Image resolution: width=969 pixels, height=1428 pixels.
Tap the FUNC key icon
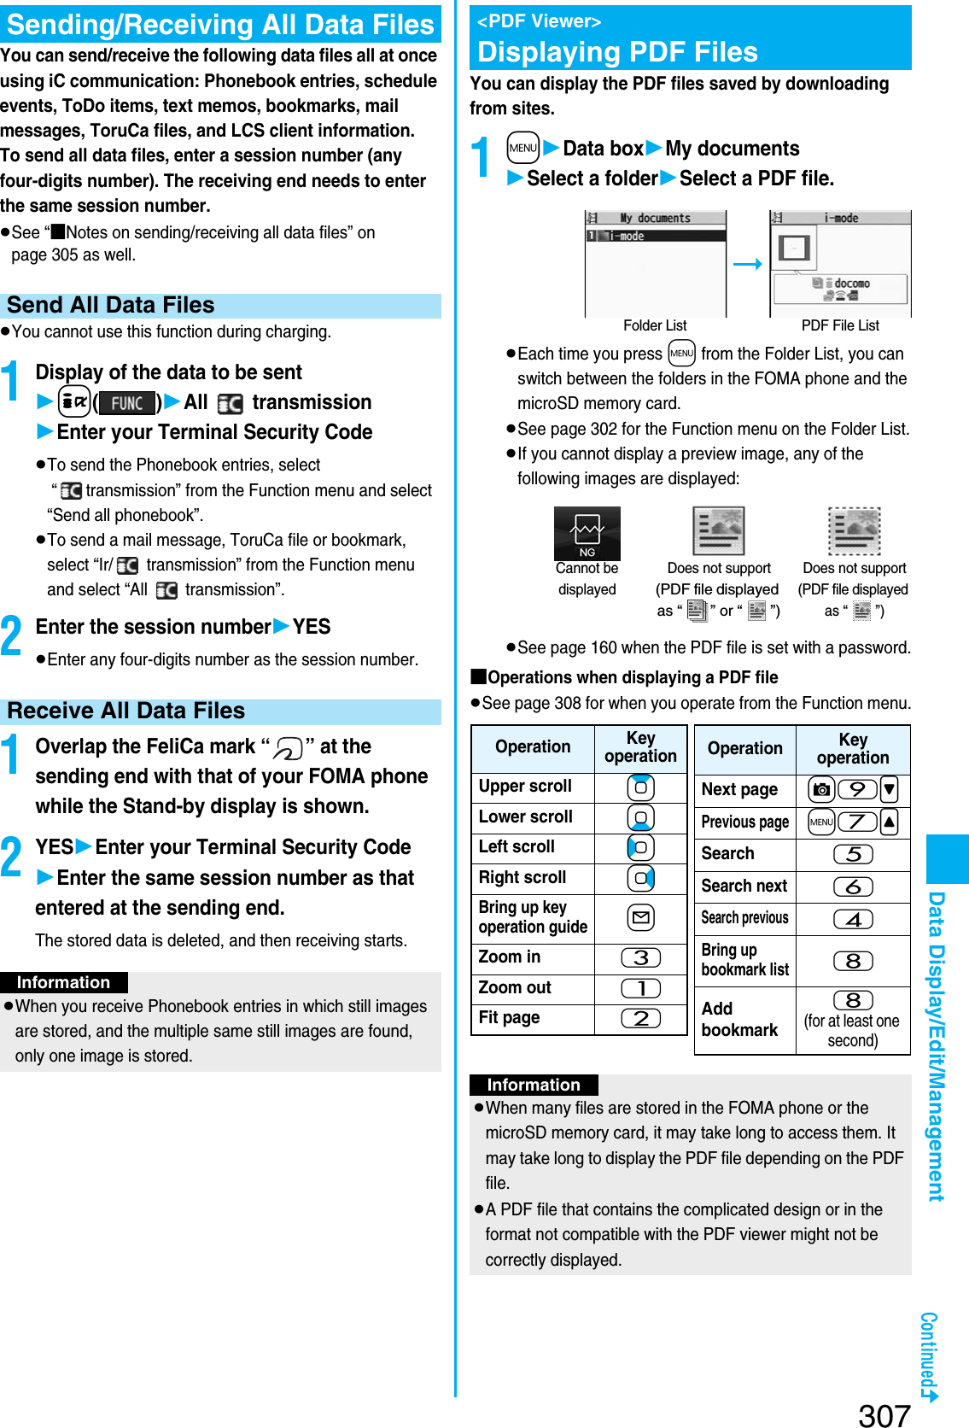126,403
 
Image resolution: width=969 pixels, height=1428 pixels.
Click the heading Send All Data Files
111,306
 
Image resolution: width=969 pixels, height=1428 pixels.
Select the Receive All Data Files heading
126,711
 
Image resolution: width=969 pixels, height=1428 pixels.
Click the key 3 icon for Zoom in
641,958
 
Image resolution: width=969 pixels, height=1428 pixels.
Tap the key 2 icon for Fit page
641,1018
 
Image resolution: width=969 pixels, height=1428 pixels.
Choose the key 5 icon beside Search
853,854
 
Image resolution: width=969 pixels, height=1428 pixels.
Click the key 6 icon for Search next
853,887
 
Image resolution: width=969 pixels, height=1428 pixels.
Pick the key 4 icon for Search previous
853,919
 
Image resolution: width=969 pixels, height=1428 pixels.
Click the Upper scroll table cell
526,787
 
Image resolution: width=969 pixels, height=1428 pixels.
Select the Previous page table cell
744,822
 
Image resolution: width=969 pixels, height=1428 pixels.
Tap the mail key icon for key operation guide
640,918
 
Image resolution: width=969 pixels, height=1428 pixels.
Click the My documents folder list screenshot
655,264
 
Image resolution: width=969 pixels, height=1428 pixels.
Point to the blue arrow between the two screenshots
747,265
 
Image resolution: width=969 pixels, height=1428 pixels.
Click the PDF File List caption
840,325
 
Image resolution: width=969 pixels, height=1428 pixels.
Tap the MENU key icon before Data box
522,148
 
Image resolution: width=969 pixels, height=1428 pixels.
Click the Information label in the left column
63,982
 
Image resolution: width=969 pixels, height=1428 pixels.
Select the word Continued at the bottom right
929,1350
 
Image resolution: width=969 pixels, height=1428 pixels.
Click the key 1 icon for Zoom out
641,988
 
